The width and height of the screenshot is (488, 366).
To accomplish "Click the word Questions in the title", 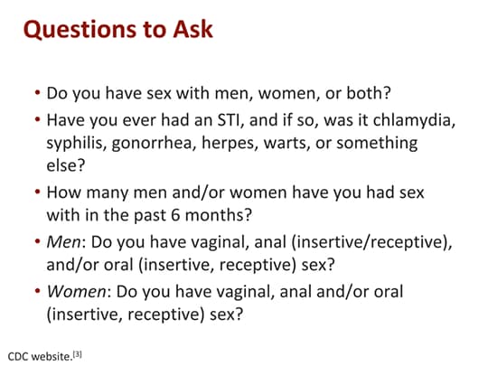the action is click(x=80, y=30).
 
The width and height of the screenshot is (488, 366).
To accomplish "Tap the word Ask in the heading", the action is click(x=193, y=29).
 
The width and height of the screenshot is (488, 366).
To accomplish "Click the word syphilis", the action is click(x=75, y=143).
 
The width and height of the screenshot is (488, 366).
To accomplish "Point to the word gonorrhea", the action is click(x=152, y=144).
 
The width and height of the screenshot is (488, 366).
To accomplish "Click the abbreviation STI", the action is click(x=227, y=120).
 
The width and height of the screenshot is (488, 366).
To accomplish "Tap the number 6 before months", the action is click(x=175, y=215).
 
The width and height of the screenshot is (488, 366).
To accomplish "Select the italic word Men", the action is click(x=63, y=242).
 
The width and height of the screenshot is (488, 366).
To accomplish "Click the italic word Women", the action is click(x=76, y=292).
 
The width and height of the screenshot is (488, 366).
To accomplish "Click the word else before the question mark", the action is click(x=61, y=165).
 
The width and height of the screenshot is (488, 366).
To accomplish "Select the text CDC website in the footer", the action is click(x=39, y=356).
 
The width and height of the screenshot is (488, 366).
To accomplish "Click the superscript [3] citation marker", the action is click(x=77, y=354).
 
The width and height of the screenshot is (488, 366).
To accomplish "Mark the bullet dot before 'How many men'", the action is click(x=38, y=192).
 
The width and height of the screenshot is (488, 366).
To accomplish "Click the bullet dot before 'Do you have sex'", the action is click(x=38, y=92).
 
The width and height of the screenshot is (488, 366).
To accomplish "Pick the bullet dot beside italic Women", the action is click(x=38, y=291).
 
